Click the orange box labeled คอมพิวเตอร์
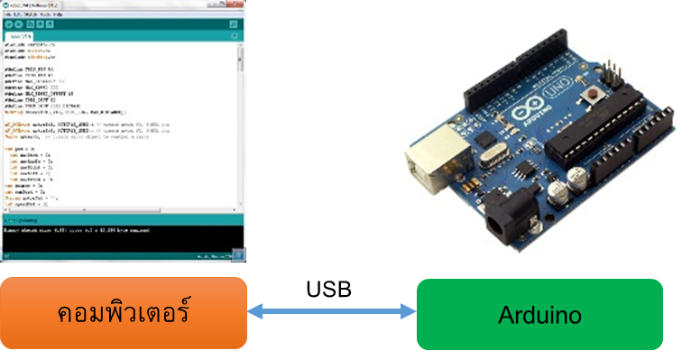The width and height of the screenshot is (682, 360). point(124,313)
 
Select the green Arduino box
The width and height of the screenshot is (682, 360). point(539,314)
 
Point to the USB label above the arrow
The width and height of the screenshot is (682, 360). point(329,290)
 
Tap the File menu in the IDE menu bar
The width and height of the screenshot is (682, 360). point(7,14)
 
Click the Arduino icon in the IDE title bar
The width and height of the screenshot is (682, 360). point(5,5)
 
